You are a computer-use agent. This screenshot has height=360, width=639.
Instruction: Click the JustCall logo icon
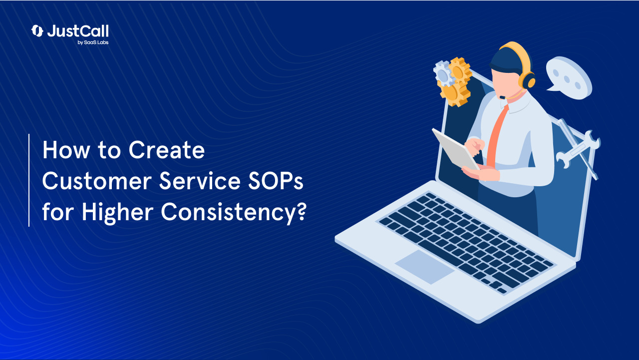coord(37,31)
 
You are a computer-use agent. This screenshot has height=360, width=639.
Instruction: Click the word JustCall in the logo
coord(77,31)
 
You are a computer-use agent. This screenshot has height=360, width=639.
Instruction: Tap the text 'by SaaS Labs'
coord(93,42)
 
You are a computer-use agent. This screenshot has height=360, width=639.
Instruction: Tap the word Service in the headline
coord(195,182)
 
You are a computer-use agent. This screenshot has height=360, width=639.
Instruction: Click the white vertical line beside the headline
coord(29,180)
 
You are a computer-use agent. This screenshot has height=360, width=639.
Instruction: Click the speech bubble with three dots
coord(569,77)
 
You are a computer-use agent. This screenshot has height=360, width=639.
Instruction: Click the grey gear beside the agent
coord(443,74)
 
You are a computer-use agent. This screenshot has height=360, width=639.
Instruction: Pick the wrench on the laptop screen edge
coord(579,147)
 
